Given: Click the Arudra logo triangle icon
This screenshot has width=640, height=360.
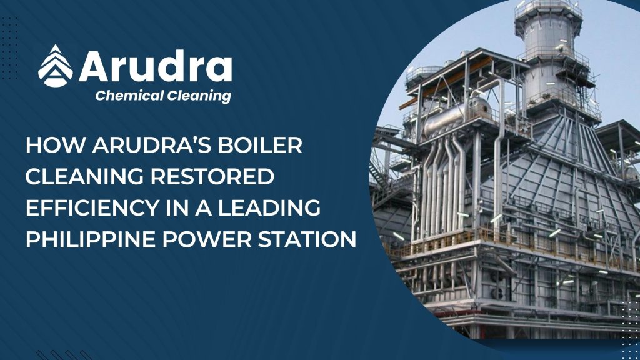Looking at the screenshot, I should click(x=56, y=65).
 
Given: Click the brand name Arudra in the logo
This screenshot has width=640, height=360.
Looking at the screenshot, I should click(x=156, y=66).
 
